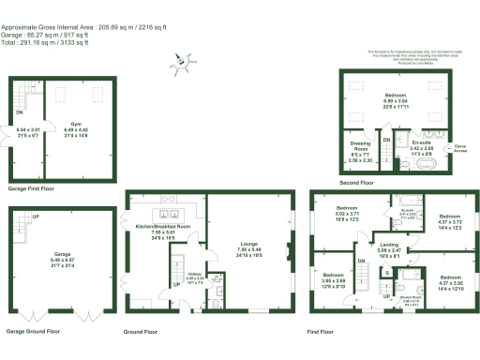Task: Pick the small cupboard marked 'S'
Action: pyautogui.click(x=387, y=272)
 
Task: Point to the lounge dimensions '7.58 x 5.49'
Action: pyautogui.click(x=248, y=250)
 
